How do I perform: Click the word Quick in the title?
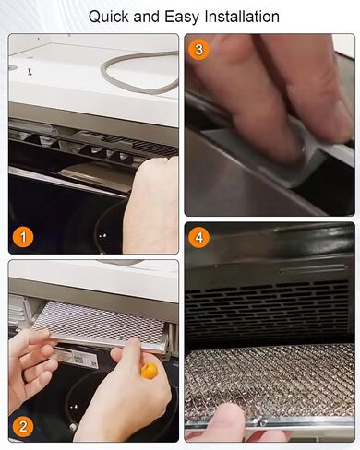(x=109, y=17)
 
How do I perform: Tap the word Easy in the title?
(x=182, y=18)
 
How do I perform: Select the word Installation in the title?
(x=242, y=17)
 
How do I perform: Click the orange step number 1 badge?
(x=23, y=237)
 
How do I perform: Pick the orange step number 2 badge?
(x=23, y=427)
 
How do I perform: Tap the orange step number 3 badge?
(x=199, y=49)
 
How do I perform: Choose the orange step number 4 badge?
(x=199, y=238)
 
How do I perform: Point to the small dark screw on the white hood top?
(x=30, y=72)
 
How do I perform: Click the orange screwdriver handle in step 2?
(x=149, y=370)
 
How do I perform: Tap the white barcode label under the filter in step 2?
(x=77, y=357)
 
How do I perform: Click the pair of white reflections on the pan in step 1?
(x=103, y=236)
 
